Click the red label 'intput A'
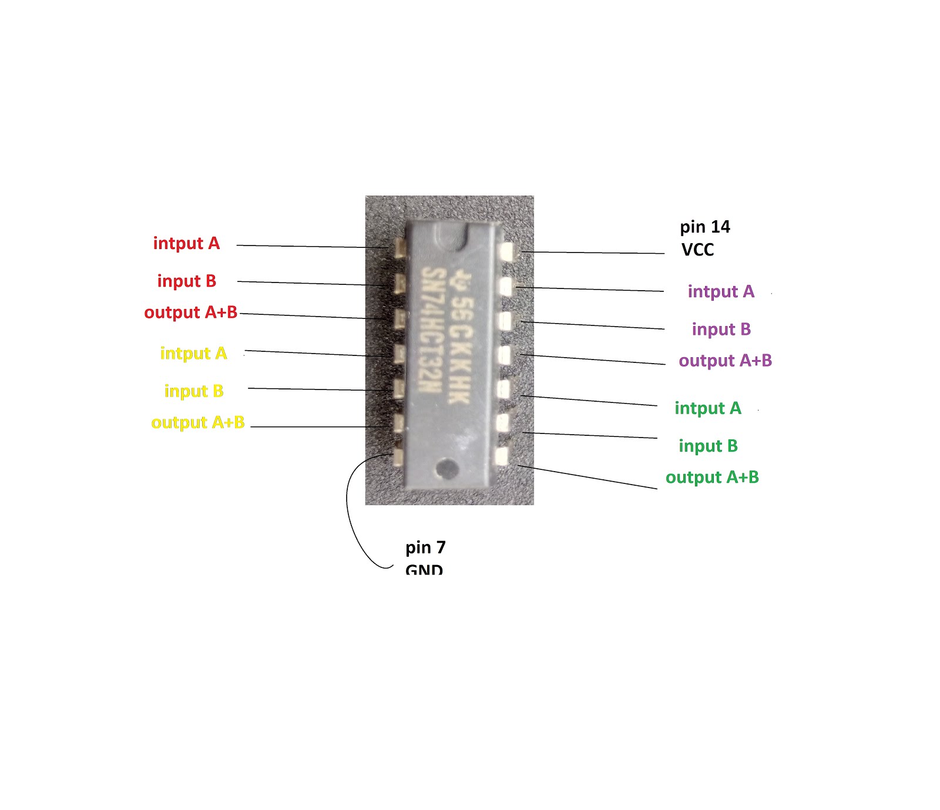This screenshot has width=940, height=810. pyautogui.click(x=186, y=243)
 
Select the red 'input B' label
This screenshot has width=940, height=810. pyautogui.click(x=187, y=281)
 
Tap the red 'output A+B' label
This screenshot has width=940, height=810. pyautogui.click(x=191, y=312)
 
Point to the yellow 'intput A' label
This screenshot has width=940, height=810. pyautogui.click(x=193, y=353)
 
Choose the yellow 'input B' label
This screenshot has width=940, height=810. pyautogui.click(x=194, y=391)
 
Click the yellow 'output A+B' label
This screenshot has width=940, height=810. pyautogui.click(x=198, y=422)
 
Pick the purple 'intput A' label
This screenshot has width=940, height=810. pyautogui.click(x=721, y=291)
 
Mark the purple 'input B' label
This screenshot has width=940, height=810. pyautogui.click(x=721, y=329)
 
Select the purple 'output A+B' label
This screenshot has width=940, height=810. pyautogui.click(x=726, y=361)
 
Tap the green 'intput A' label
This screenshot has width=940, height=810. pyautogui.click(x=708, y=408)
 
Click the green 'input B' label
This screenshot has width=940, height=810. pyautogui.click(x=708, y=446)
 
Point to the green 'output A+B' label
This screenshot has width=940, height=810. pyautogui.click(x=712, y=477)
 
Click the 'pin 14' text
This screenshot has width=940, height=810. pyautogui.click(x=705, y=227)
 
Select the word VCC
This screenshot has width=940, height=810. pyautogui.click(x=697, y=250)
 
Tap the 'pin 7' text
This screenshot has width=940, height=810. pyautogui.click(x=425, y=547)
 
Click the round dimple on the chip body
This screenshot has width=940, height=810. pyautogui.click(x=447, y=468)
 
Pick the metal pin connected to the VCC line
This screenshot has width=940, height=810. pyautogui.click(x=505, y=252)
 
